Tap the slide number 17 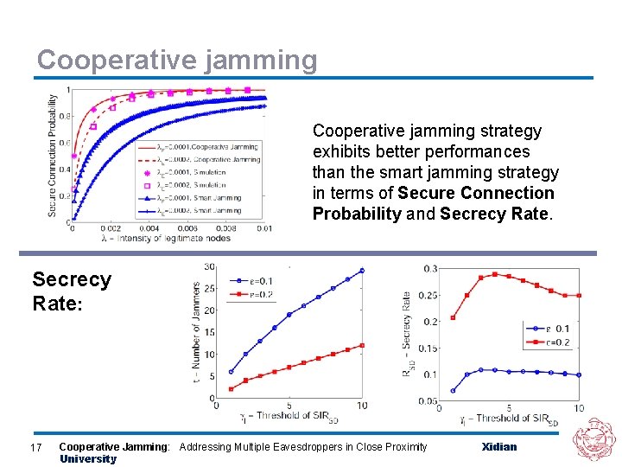point(36,447)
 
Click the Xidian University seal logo point(594,440)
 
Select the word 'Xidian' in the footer point(498,447)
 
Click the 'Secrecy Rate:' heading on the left point(71,291)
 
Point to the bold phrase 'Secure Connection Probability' point(433,203)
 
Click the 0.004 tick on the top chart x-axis point(149,228)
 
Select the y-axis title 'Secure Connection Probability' point(53,155)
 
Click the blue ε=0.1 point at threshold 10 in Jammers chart point(362,270)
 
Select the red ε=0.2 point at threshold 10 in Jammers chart point(362,345)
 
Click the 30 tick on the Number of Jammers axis point(210,266)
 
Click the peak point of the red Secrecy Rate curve point(495,274)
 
